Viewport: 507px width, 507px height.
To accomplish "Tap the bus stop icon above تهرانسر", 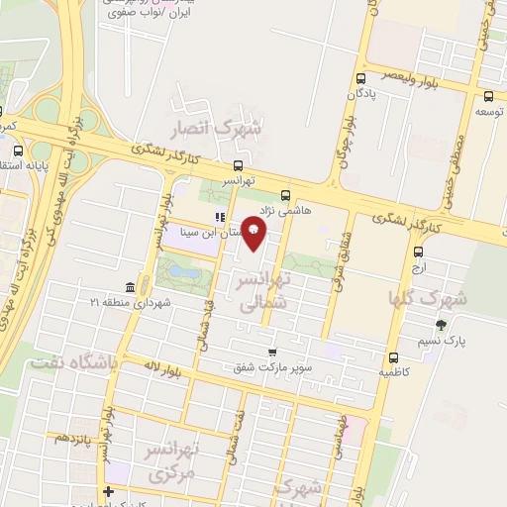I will point(238,166).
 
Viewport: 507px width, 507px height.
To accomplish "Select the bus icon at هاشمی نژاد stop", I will point(286,195).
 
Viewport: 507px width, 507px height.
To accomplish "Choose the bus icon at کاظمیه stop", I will point(394,357).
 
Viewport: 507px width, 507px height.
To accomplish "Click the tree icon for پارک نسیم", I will point(441,325).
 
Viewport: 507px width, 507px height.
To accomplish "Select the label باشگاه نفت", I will point(74,363).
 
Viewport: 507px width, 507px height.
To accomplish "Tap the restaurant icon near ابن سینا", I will point(220,218).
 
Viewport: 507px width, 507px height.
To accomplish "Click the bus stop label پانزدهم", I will point(74,437).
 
